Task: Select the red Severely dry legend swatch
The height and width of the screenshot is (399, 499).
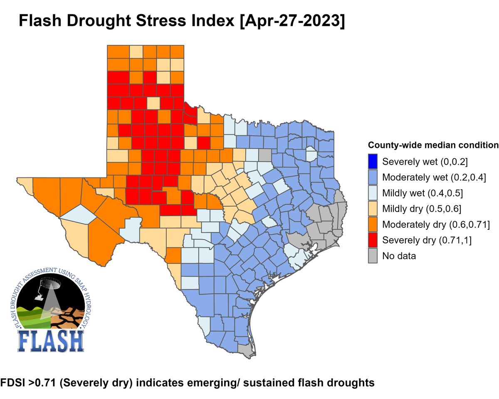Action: (x=373, y=240)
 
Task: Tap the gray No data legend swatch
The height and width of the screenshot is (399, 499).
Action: (x=373, y=256)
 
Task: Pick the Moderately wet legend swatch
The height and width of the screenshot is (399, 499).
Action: (x=373, y=177)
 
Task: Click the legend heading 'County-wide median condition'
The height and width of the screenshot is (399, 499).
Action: (x=433, y=145)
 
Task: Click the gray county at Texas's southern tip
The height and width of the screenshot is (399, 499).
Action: (x=248, y=351)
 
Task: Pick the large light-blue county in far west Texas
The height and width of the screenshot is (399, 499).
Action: (x=78, y=214)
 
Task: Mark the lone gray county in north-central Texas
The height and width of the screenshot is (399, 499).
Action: (x=264, y=155)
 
